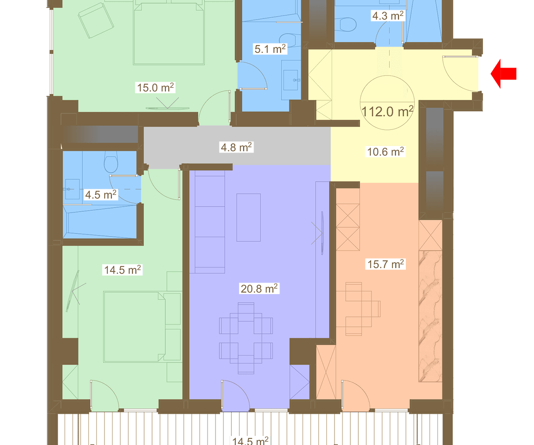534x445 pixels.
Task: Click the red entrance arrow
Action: click(503, 74)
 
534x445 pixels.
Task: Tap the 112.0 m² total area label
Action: click(387, 111)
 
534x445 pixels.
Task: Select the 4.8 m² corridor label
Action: click(236, 147)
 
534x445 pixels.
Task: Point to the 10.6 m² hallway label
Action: click(385, 152)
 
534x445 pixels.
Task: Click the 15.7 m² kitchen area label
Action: click(385, 264)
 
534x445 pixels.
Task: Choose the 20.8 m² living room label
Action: click(259, 288)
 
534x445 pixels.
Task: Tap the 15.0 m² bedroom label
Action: click(155, 88)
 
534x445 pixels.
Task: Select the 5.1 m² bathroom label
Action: click(270, 49)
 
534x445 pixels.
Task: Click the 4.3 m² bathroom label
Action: click(388, 16)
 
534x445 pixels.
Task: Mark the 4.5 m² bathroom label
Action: click(101, 194)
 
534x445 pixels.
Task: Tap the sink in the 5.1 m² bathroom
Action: click(291, 80)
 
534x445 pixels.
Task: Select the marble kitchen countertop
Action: click(430, 316)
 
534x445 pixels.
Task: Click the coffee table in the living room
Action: click(248, 218)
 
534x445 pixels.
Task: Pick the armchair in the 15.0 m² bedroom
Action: click(96, 21)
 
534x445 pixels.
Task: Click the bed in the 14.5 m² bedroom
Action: click(134, 327)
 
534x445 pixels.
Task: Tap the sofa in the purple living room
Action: click(210, 222)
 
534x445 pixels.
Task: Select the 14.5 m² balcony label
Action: click(250, 441)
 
